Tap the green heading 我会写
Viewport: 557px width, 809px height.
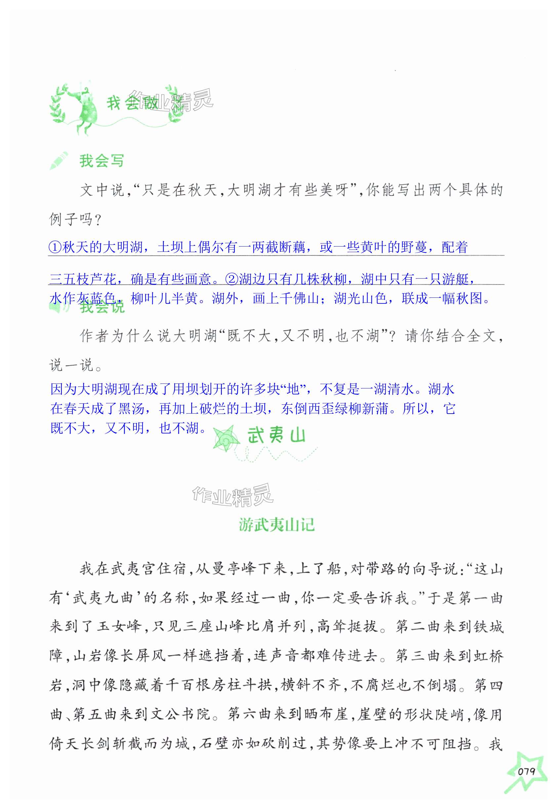pyautogui.click(x=101, y=161)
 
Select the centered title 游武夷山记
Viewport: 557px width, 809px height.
pyautogui.click(x=277, y=525)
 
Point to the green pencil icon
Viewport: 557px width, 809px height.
pyautogui.click(x=58, y=161)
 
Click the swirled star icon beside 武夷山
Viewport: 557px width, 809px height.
pyautogui.click(x=226, y=438)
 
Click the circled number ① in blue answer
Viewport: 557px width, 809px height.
pyautogui.click(x=56, y=247)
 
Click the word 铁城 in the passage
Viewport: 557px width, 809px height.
pyautogui.click(x=488, y=625)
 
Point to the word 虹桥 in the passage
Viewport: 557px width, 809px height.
pyautogui.click(x=488, y=655)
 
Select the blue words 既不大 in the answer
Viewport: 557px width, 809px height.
pyautogui.click(x=71, y=428)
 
